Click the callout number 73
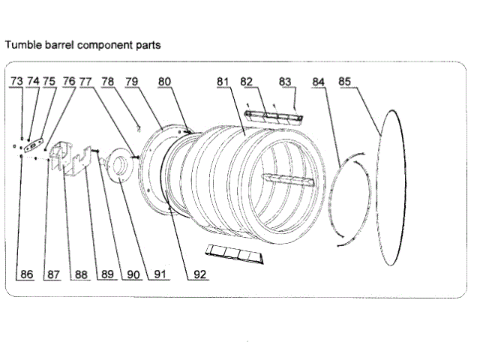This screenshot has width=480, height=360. pos(16,81)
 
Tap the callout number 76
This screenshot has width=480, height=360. pos(69,81)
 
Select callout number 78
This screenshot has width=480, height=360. pos(108,81)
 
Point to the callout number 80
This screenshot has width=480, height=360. pos(164,81)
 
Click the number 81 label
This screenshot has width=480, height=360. pos(223,81)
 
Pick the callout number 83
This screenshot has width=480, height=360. pos(285,81)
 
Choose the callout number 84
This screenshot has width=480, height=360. pos(319,81)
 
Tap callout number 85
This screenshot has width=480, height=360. pos(345,81)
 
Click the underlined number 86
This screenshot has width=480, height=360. pos(27,274)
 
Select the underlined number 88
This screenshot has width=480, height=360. pos(80,274)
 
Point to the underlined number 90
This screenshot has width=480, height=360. pos(133,274)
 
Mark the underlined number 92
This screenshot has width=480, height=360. pos(199,274)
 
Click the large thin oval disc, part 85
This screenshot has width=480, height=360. pos(390,187)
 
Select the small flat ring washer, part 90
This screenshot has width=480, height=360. pos(118,166)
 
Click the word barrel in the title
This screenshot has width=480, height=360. pos(59,45)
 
